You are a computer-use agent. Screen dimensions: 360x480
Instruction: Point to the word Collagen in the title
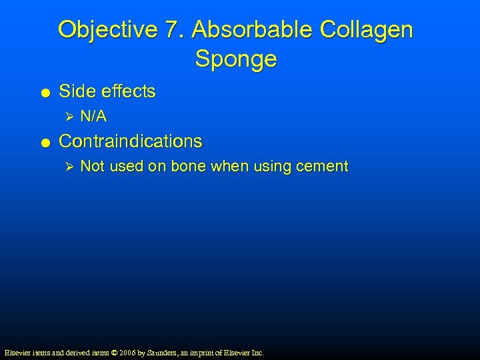tap(367, 30)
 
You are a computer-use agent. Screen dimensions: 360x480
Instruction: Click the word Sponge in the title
tap(236, 59)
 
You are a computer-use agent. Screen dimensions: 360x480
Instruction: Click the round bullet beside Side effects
tap(43, 92)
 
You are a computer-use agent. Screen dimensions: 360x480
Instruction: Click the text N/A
tap(93, 117)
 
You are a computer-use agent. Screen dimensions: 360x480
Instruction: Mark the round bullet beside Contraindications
tap(43, 142)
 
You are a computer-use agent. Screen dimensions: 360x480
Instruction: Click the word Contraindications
tap(131, 141)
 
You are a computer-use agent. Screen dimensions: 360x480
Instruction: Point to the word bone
tap(189, 167)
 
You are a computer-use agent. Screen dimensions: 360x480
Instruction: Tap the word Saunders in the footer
tap(157, 352)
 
